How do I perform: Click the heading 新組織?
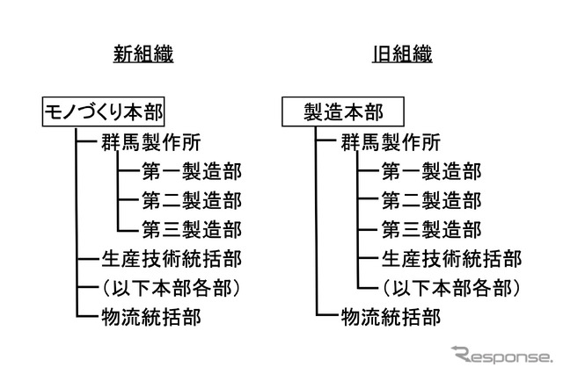coord(143,54)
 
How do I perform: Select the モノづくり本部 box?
coord(104,111)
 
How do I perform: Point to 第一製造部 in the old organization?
coord(431,170)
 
